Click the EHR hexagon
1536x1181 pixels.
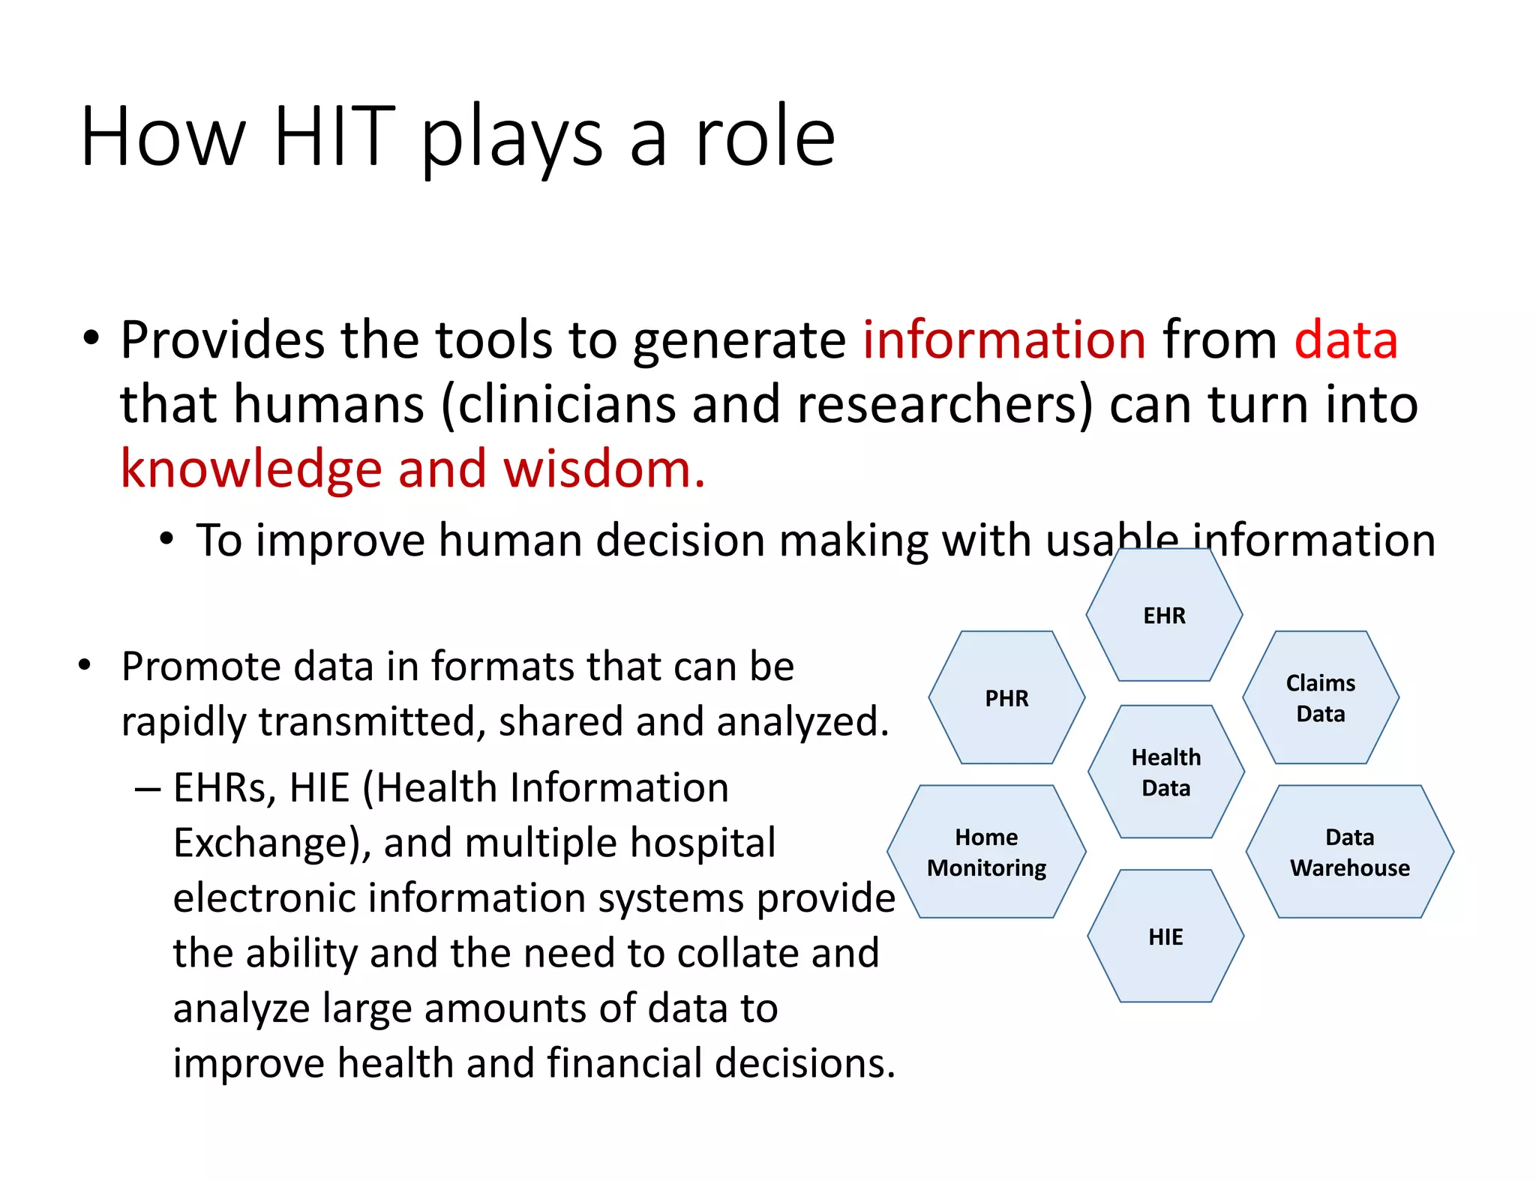click(1164, 616)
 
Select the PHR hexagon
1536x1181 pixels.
click(1006, 698)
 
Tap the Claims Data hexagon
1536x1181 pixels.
click(1321, 698)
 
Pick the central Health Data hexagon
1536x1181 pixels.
click(1165, 772)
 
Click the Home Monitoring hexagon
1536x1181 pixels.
click(986, 853)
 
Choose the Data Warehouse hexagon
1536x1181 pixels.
click(1349, 853)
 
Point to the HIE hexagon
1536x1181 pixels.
click(1165, 937)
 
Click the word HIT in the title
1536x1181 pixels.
click(334, 136)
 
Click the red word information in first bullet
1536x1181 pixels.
click(1003, 340)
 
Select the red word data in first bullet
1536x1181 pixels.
click(1345, 340)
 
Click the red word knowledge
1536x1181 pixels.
click(252, 469)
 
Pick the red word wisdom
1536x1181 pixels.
click(603, 469)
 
